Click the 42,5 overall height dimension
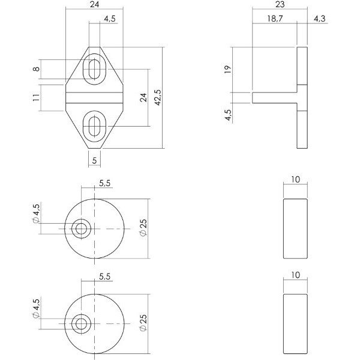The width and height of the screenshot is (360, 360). [158, 98]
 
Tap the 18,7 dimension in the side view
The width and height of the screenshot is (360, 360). [275, 19]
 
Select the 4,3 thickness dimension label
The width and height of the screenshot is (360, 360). [320, 19]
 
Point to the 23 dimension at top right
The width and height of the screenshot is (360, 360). [280, 4]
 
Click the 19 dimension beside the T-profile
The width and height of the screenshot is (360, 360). [227, 69]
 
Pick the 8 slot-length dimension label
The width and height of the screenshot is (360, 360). [36, 69]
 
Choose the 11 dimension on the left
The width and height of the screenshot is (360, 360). [36, 97]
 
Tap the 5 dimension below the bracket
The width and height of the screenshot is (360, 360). [94, 160]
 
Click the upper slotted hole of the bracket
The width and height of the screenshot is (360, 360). [94, 69]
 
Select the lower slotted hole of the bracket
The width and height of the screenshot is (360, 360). [94, 126]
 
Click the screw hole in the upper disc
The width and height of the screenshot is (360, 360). [81, 229]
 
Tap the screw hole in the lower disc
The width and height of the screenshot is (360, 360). [81, 324]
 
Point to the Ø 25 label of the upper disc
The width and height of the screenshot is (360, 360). [143, 228]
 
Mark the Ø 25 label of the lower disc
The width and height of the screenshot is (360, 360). [143, 323]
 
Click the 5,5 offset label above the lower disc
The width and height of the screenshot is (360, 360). [104, 277]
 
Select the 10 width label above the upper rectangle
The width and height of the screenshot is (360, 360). [295, 179]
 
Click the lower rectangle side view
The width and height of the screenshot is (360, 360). [295, 324]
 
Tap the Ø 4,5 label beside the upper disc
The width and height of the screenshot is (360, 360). [36, 214]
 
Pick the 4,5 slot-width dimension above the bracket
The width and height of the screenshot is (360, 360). [110, 19]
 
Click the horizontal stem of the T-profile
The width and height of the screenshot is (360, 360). [275, 98]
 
